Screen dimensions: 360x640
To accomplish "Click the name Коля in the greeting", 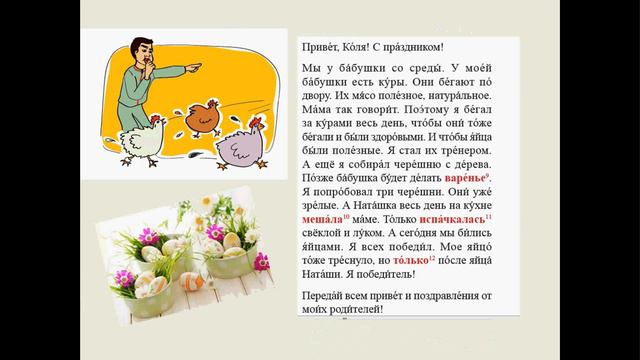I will click(x=355, y=47).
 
